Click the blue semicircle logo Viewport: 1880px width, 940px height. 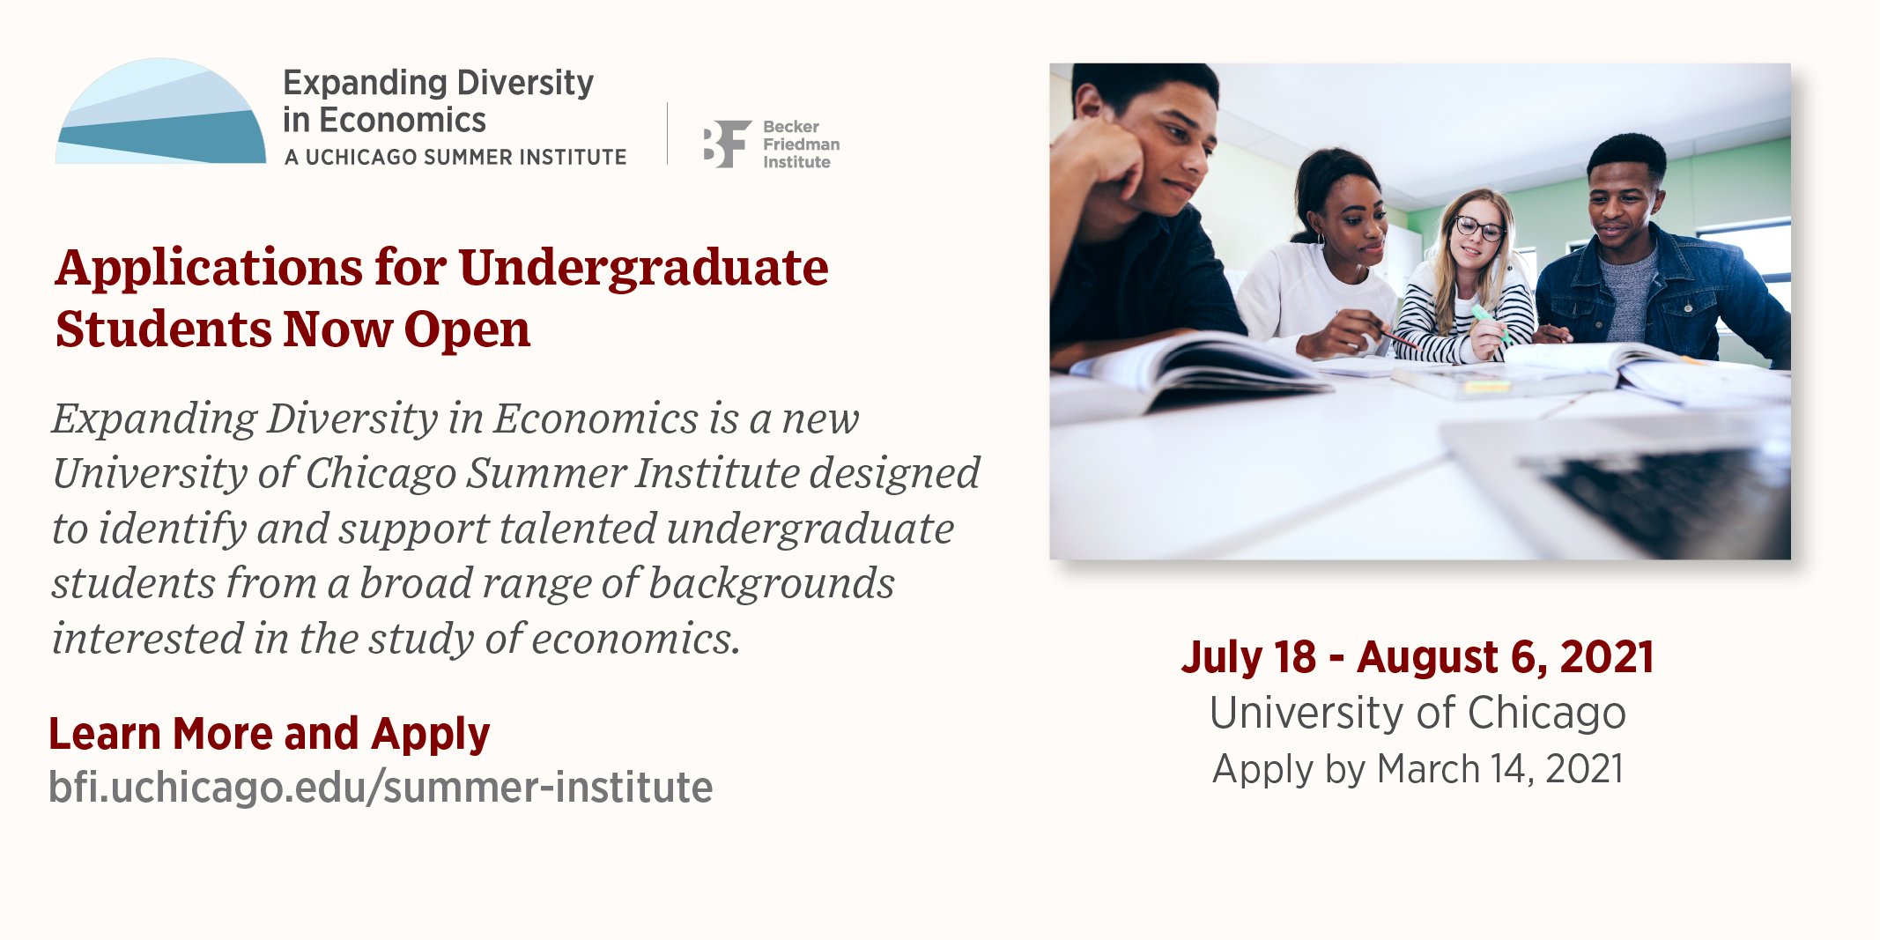pyautogui.click(x=160, y=112)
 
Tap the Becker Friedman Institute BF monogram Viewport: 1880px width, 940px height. pyautogui.click(x=727, y=144)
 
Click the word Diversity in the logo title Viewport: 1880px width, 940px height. pyautogui.click(x=525, y=83)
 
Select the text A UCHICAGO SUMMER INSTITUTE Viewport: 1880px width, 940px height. pyautogui.click(x=455, y=157)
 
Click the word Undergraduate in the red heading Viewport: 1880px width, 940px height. pyautogui.click(x=643, y=269)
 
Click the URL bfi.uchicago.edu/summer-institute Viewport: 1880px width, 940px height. pyautogui.click(x=381, y=787)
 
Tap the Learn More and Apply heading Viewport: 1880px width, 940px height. pyautogui.click(x=269, y=734)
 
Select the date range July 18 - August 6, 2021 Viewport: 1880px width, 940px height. pyautogui.click(x=1417, y=657)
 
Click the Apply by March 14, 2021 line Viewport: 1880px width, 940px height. pyautogui.click(x=1417, y=769)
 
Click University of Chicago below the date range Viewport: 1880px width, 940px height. pyautogui.click(x=1417, y=712)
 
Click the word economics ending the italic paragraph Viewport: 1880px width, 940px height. pyautogui.click(x=636, y=639)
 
